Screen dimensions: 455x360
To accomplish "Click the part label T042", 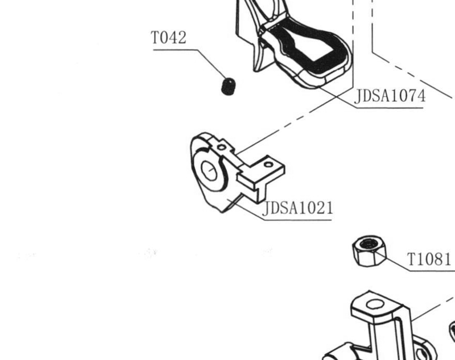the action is coord(168,38).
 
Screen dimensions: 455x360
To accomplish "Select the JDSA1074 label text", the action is coord(390,96).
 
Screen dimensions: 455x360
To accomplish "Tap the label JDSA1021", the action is coord(297,208).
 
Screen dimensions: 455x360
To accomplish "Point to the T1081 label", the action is coord(429,259).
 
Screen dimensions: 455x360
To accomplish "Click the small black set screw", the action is coord(229,86).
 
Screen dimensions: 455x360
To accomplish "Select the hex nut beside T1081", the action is coord(369,251).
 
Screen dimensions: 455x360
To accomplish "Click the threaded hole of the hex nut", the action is coord(369,244).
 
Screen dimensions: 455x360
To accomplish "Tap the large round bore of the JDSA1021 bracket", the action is coord(209,171).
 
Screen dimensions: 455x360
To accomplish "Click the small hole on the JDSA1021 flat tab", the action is coord(268,165).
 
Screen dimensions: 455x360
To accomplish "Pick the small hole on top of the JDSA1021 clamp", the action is coord(222,147).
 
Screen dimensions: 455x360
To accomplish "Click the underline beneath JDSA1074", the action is coord(390,108).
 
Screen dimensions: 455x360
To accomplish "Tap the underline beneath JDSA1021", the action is coord(298,220).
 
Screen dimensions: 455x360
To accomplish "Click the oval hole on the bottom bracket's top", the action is coord(375,304).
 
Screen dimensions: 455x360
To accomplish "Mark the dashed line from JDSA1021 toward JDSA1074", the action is coord(295,121).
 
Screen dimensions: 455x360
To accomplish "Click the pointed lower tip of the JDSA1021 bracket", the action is coord(222,212).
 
